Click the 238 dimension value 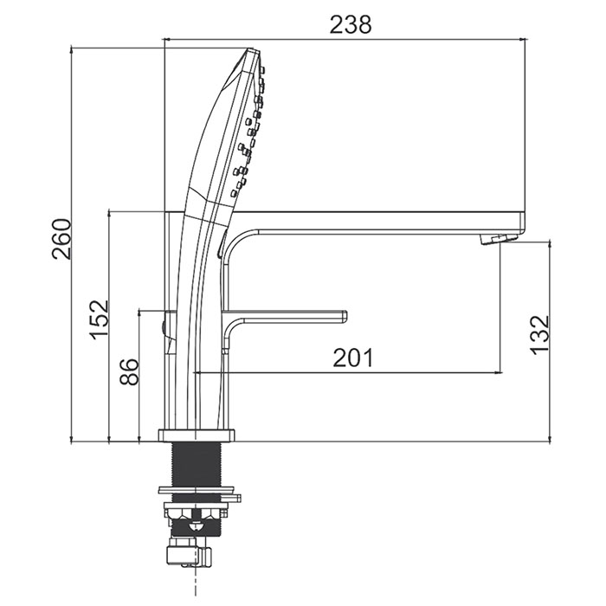coord(350,24)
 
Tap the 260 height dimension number coord(61,239)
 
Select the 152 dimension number coord(100,319)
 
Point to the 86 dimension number coord(129,371)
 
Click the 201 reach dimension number coord(353,358)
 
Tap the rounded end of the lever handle coord(342,316)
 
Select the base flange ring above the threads coord(197,435)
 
